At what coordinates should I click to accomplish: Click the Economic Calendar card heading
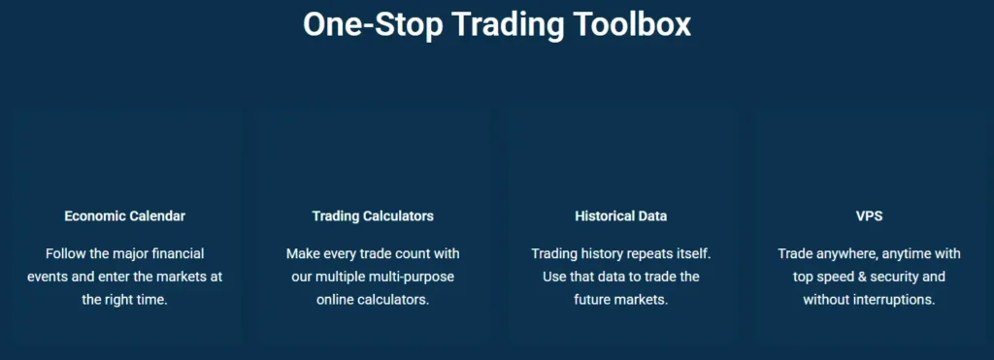tap(125, 216)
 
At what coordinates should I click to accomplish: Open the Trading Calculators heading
tap(373, 216)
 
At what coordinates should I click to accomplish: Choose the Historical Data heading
tap(620, 216)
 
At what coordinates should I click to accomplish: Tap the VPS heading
tap(869, 216)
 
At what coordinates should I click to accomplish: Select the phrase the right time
tap(125, 300)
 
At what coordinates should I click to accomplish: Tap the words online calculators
tap(373, 300)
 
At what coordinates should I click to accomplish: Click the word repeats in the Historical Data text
tap(649, 253)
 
